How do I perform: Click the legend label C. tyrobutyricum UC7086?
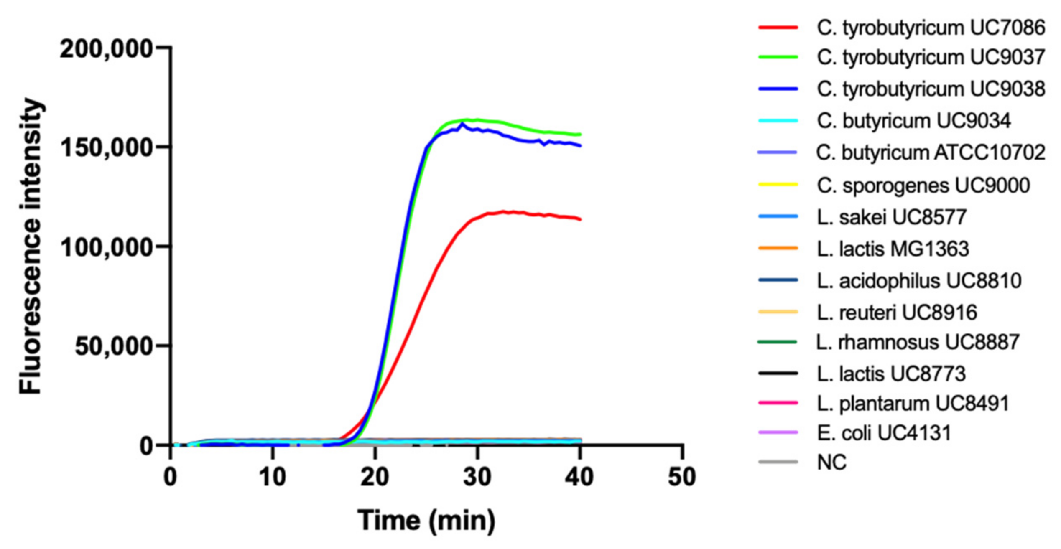tap(931, 28)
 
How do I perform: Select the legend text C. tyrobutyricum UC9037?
tap(931, 57)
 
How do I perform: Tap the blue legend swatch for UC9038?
tap(778, 89)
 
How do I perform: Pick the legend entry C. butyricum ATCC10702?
tap(931, 152)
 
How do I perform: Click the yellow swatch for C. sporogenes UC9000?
tap(778, 185)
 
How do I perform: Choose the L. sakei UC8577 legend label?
tap(891, 217)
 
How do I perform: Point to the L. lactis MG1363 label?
tap(893, 249)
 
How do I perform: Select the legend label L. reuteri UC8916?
tap(897, 313)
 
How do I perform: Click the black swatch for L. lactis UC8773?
tap(778, 373)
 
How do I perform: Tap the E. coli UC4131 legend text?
tap(884, 433)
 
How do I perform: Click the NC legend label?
tap(831, 462)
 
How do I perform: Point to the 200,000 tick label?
tap(107, 49)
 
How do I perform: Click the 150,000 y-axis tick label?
tap(107, 147)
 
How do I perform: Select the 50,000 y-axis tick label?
tap(114, 346)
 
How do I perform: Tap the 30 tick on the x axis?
tap(477, 477)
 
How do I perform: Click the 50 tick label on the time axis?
tap(682, 477)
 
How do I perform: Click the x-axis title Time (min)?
tap(426, 521)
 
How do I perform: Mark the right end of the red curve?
tap(580, 219)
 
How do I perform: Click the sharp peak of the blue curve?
tap(462, 124)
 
